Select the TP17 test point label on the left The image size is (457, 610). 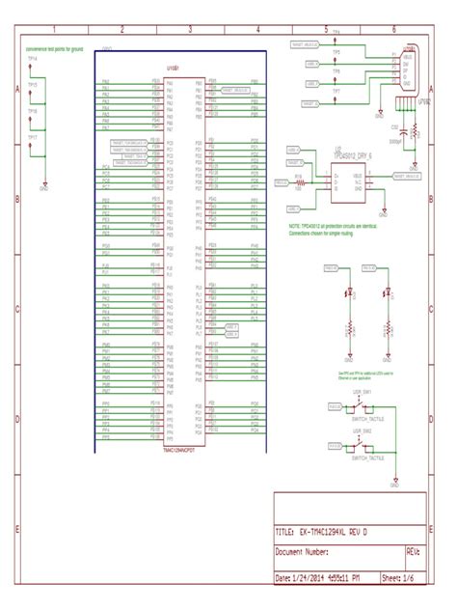[x=32, y=137]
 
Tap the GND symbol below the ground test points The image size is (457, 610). [x=44, y=188]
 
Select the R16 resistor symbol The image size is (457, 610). [x=300, y=180]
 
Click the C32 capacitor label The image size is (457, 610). [x=394, y=126]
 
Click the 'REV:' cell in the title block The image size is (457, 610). [x=412, y=553]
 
